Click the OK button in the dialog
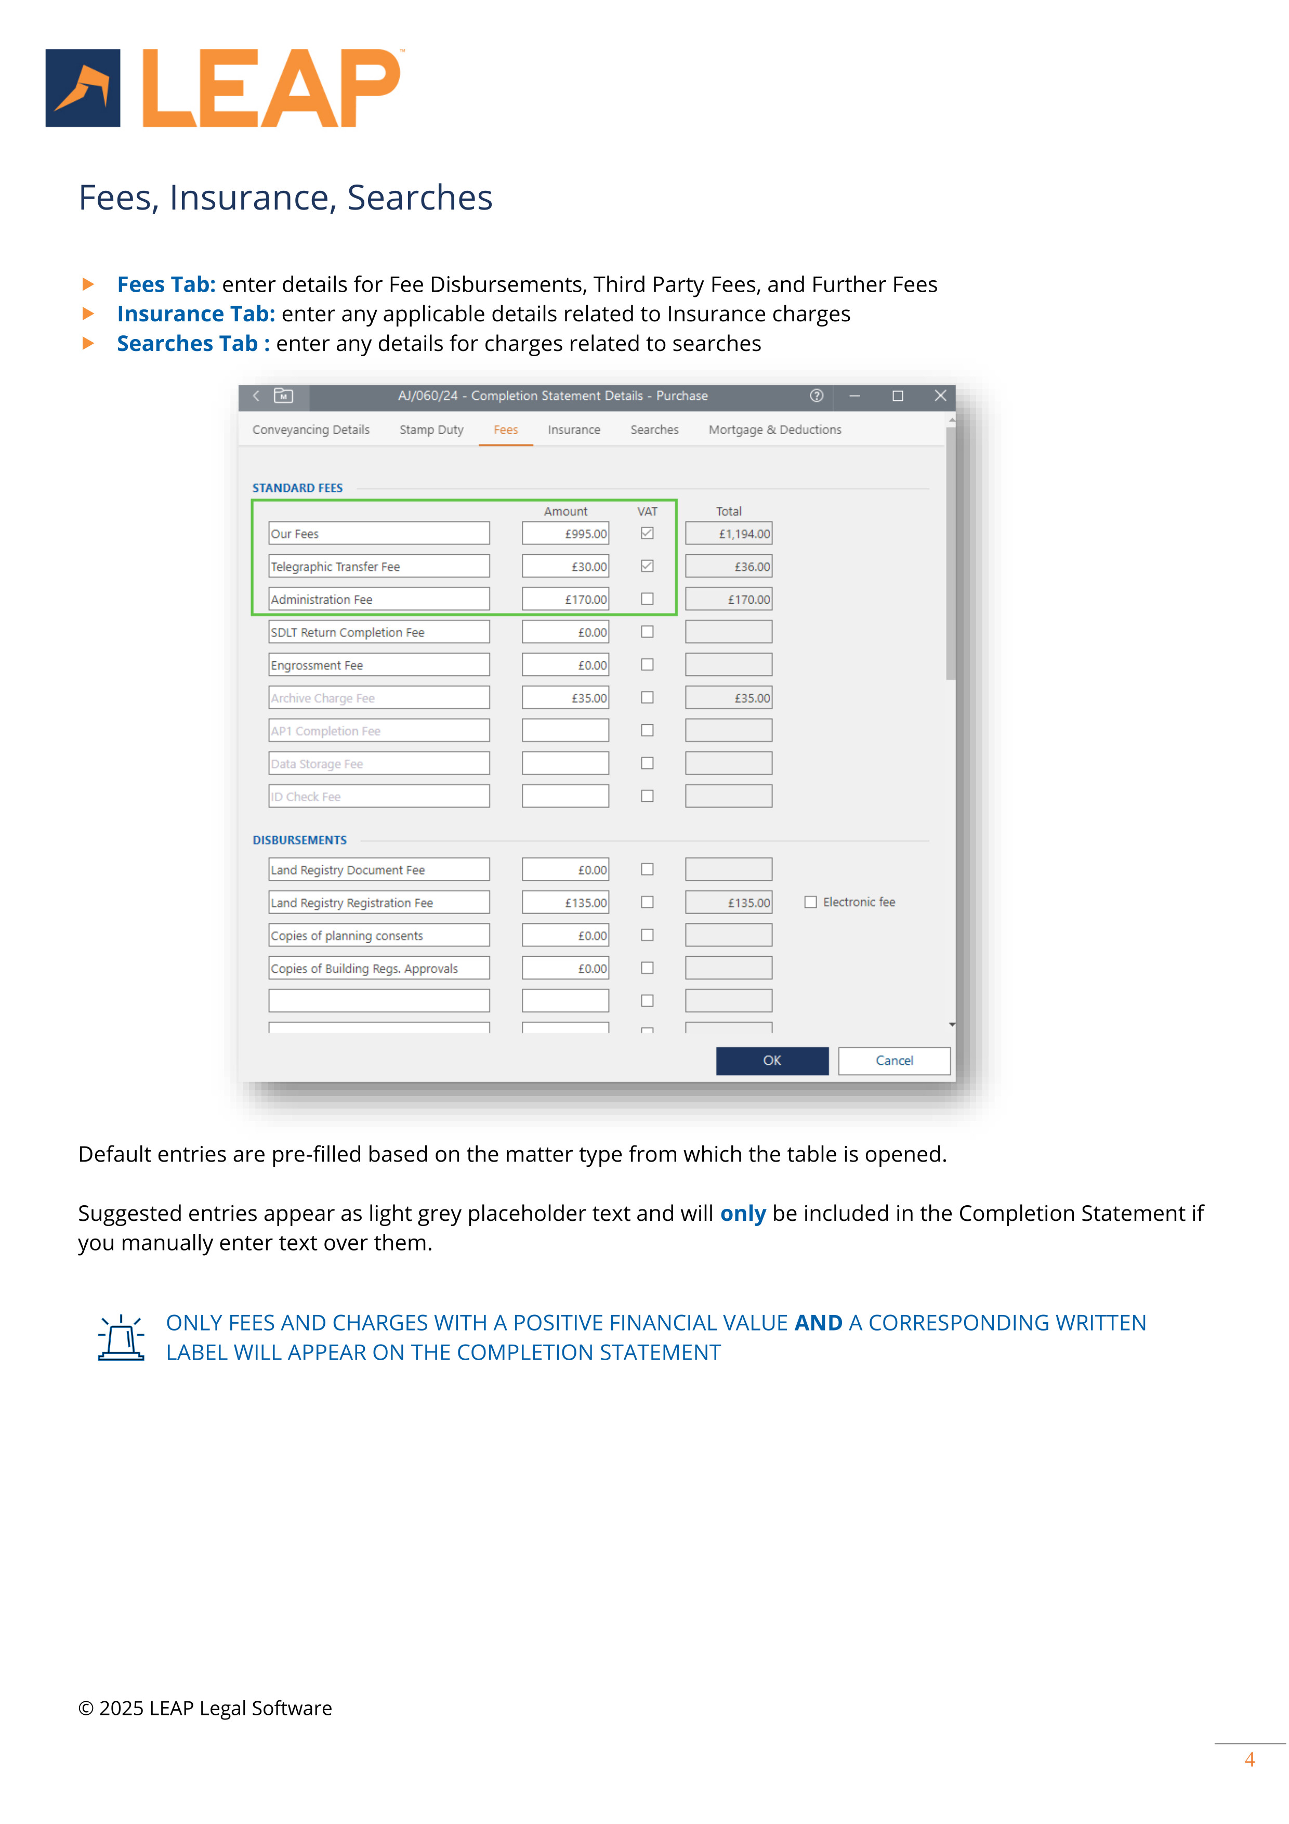point(771,1061)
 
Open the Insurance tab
point(573,430)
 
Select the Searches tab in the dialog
point(654,430)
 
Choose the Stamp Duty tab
point(431,430)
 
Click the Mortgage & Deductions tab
point(774,430)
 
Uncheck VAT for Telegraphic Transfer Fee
point(647,566)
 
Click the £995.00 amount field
point(565,534)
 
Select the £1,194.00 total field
point(728,534)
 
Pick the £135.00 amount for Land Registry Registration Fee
point(565,903)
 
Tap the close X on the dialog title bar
point(940,396)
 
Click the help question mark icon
point(817,396)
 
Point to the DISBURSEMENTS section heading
point(299,840)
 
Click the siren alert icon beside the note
point(121,1338)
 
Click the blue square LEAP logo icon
point(83,88)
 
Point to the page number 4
point(1249,1760)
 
